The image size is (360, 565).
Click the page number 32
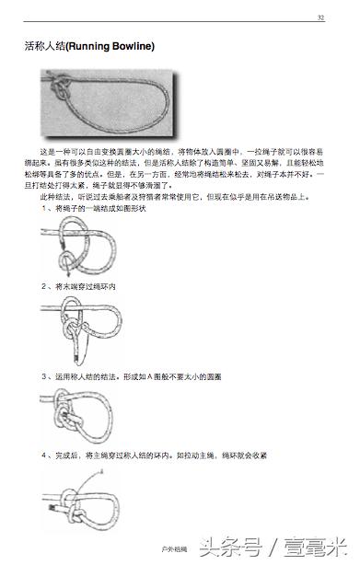pyautogui.click(x=320, y=18)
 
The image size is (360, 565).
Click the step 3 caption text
pyautogui.click(x=129, y=376)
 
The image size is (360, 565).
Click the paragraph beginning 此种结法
pyautogui.click(x=175, y=196)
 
